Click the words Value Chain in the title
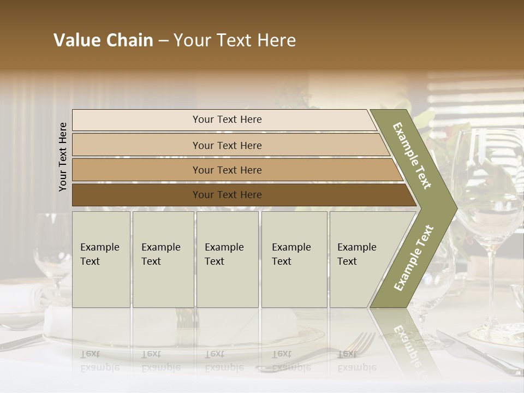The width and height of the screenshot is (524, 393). point(103,40)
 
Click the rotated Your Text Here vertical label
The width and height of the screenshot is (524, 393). point(63,157)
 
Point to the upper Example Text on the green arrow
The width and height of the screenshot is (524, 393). point(413,156)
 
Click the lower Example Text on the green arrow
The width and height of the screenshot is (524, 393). point(414,258)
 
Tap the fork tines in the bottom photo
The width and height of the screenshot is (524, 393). point(365,341)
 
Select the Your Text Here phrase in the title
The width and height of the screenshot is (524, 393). point(235,40)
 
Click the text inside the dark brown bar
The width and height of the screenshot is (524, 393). point(227,195)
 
